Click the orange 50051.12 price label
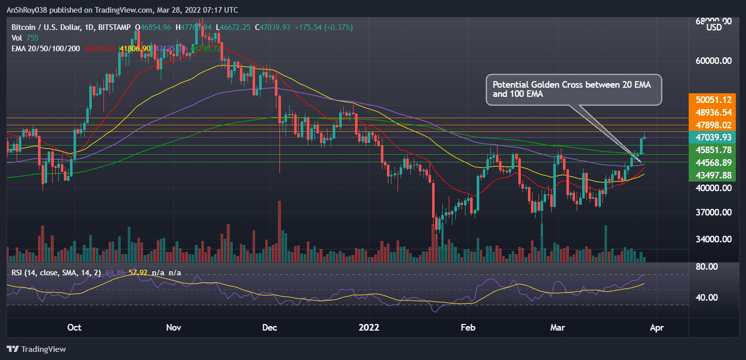coord(714,100)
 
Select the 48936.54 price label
coord(714,113)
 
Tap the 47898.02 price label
coord(714,125)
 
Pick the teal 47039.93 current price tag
coord(714,137)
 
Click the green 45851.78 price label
coord(714,150)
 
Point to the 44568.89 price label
coord(714,162)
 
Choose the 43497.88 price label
coord(714,175)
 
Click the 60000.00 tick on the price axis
coord(714,61)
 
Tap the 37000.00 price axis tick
coord(714,212)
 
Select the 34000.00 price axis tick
coord(714,239)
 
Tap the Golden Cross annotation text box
coord(574,91)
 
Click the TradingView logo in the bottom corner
coord(36,349)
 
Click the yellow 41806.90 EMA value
coord(135,49)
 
